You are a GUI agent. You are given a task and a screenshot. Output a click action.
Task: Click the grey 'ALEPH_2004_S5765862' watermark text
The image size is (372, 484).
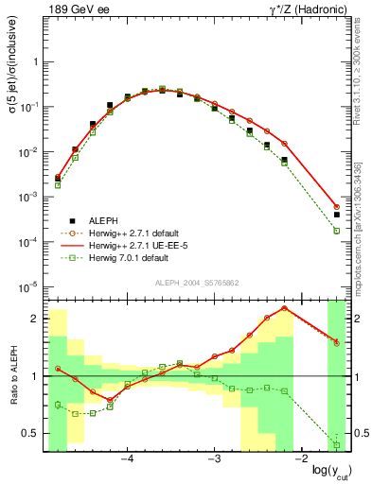coord(196,283)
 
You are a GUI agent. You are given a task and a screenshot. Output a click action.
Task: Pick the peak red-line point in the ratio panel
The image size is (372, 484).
coord(284,308)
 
